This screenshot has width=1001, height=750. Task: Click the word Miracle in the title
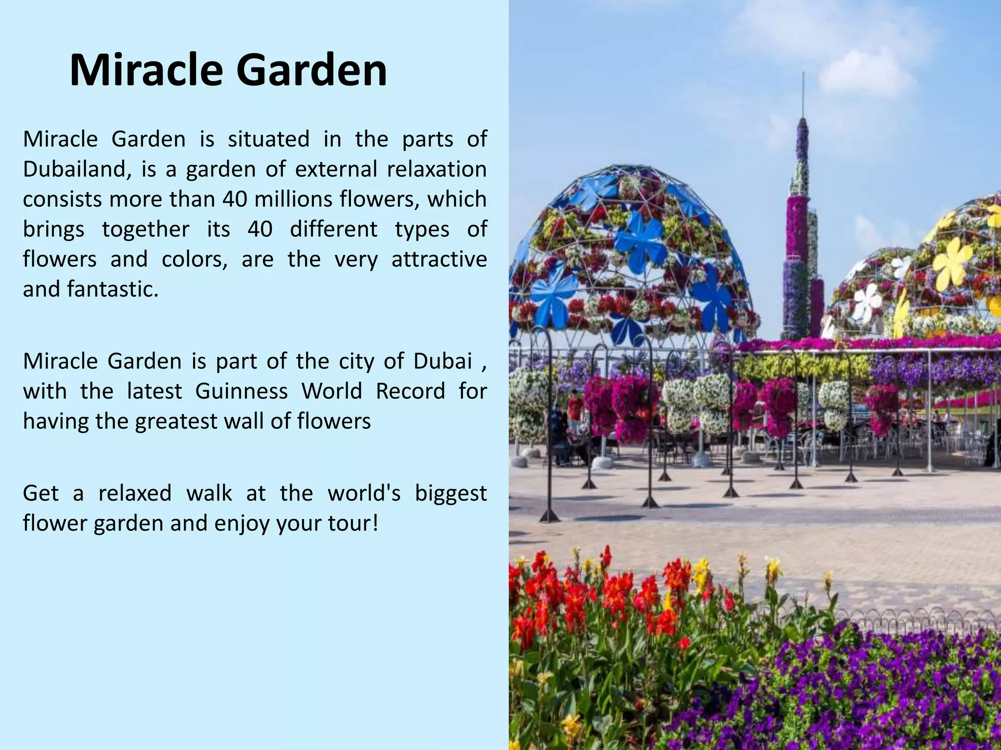[x=147, y=71]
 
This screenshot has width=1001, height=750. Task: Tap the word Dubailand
[x=76, y=169]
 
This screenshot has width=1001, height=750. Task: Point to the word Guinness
[x=241, y=391]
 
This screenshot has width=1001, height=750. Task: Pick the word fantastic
[x=112, y=289]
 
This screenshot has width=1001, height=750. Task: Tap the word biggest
[x=451, y=494]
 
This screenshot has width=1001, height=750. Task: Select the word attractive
[x=439, y=259]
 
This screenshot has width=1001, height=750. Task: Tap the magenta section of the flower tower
[x=797, y=225]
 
